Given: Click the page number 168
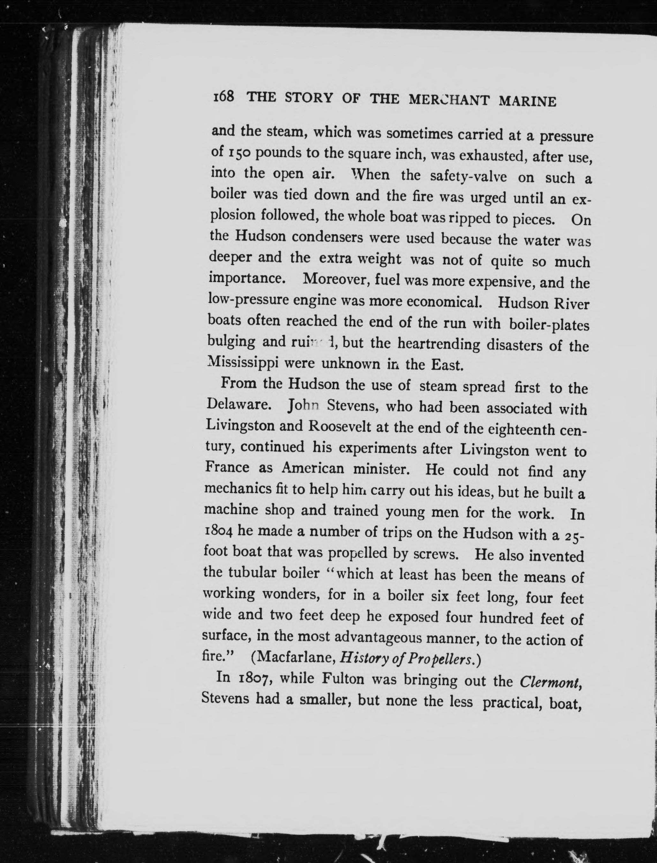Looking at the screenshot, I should (223, 97).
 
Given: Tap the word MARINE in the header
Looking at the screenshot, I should (528, 102).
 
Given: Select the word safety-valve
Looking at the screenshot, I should (468, 176).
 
